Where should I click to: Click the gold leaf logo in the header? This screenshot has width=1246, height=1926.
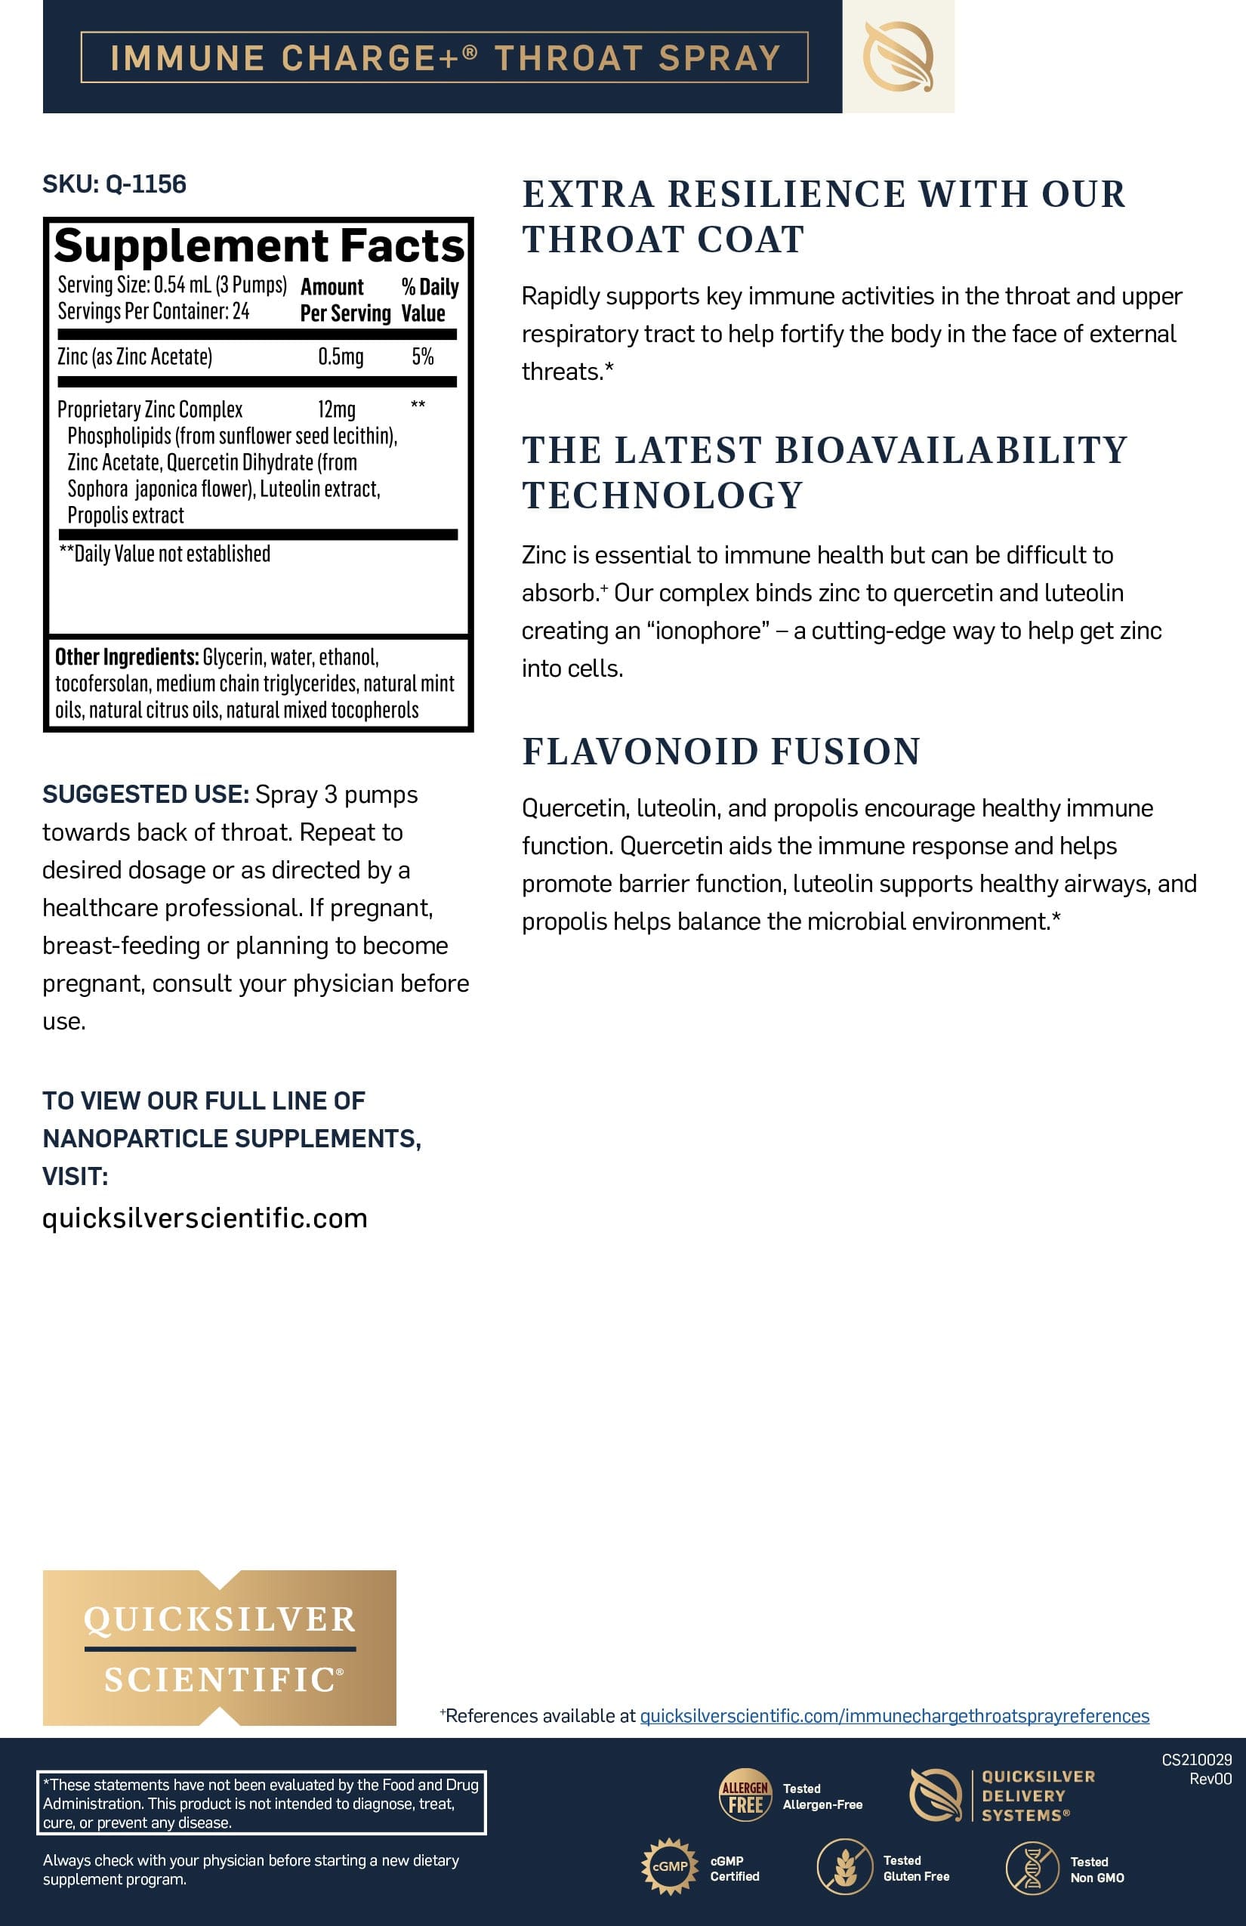(x=898, y=57)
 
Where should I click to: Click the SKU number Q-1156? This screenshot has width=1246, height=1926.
(x=146, y=184)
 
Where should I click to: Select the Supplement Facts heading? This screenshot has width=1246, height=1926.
(x=259, y=246)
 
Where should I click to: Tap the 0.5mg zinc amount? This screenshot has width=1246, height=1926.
(x=341, y=356)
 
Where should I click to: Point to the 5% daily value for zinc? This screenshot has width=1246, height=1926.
(x=422, y=356)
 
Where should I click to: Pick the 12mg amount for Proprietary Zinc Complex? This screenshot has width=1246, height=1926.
(x=337, y=409)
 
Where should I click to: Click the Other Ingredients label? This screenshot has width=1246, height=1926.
(x=126, y=657)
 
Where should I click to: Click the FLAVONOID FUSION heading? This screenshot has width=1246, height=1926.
(x=721, y=751)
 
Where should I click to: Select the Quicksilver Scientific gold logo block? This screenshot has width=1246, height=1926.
(x=219, y=1647)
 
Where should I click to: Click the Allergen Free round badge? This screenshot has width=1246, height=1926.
(x=745, y=1795)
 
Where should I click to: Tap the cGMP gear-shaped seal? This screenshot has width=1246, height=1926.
(x=669, y=1866)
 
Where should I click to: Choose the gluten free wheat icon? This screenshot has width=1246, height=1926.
(x=844, y=1867)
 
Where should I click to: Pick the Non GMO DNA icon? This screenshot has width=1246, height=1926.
(x=1032, y=1868)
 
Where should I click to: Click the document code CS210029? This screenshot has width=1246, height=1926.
(x=1196, y=1759)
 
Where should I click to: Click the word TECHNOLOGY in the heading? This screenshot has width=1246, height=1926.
(x=662, y=495)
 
